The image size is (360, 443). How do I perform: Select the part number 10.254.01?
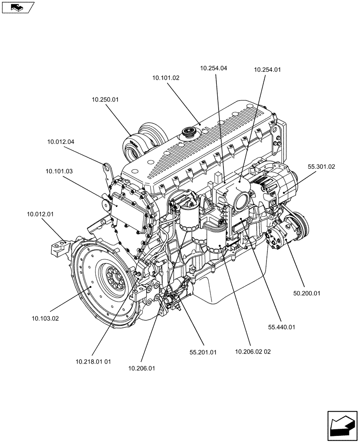267,70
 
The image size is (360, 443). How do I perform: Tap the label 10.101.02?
166,78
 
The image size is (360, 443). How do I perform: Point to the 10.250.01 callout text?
106,100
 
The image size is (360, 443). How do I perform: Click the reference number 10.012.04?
61,142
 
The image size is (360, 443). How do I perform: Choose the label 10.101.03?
59,171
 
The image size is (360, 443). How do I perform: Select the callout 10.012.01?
40,214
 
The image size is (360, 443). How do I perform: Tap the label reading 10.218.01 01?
93,361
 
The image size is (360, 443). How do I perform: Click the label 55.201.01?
203,352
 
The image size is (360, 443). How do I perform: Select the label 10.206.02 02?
253,351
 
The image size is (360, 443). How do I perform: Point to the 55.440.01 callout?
282,327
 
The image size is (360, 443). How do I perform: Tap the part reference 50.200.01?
306,293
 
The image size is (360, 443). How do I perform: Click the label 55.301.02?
321,167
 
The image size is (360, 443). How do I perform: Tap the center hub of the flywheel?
112,280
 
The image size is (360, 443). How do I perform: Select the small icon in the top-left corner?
17,7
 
